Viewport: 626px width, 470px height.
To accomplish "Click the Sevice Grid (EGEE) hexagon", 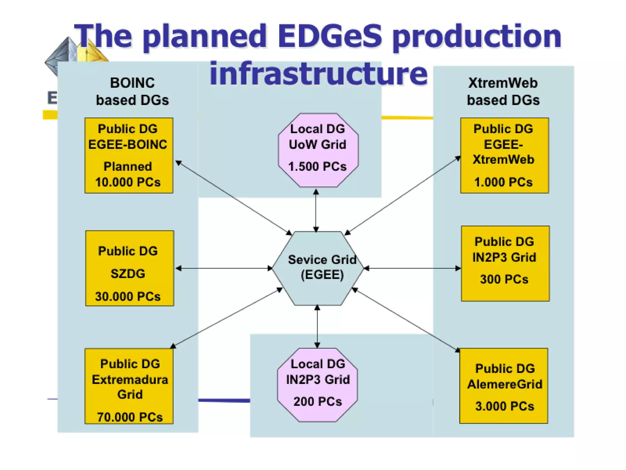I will tap(318, 268).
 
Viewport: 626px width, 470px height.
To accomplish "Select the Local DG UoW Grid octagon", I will tap(318, 150).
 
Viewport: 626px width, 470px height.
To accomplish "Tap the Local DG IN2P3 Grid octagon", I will tap(317, 385).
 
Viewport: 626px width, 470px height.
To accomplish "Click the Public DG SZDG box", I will tap(129, 268).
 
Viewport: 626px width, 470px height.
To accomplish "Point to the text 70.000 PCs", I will tap(130, 417).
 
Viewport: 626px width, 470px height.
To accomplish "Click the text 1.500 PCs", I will tap(317, 166).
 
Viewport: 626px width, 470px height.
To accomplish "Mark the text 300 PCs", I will tap(504, 279).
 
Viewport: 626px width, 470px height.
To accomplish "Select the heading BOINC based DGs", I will tap(132, 91).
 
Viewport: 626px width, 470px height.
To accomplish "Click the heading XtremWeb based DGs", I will tap(503, 91).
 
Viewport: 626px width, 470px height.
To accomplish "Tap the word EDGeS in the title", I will tap(330, 37).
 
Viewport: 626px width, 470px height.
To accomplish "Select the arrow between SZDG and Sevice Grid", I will tap(224, 268).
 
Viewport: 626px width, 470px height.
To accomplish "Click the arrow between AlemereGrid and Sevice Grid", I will tap(407, 320).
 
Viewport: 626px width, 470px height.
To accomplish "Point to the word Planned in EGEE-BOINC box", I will tap(128, 166).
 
